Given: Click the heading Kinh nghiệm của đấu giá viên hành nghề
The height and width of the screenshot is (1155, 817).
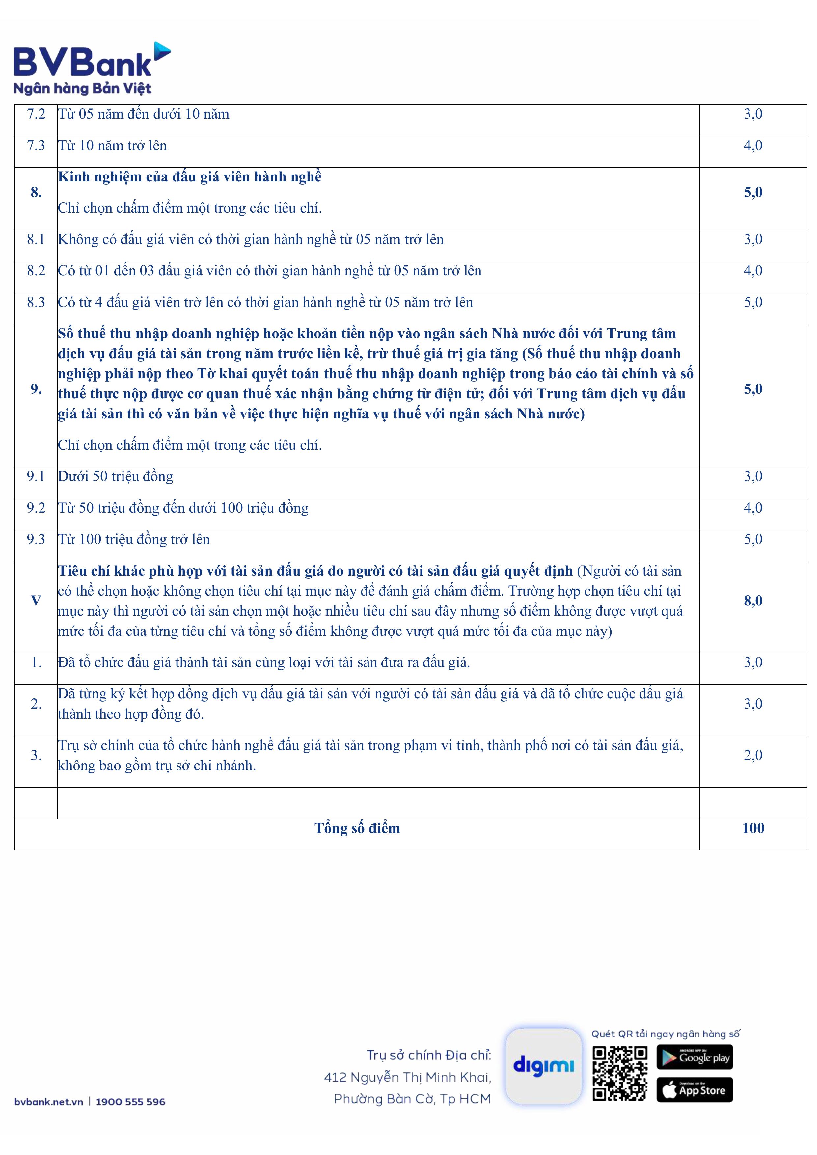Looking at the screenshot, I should [x=190, y=177].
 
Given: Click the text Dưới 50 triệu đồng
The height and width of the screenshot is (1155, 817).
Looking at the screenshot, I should [x=115, y=476].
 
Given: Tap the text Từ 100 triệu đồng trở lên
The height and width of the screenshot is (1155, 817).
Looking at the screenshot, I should [x=134, y=539].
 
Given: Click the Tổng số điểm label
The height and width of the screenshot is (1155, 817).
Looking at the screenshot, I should [x=357, y=828].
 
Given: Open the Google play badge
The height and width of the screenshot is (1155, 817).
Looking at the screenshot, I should [x=694, y=1057].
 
